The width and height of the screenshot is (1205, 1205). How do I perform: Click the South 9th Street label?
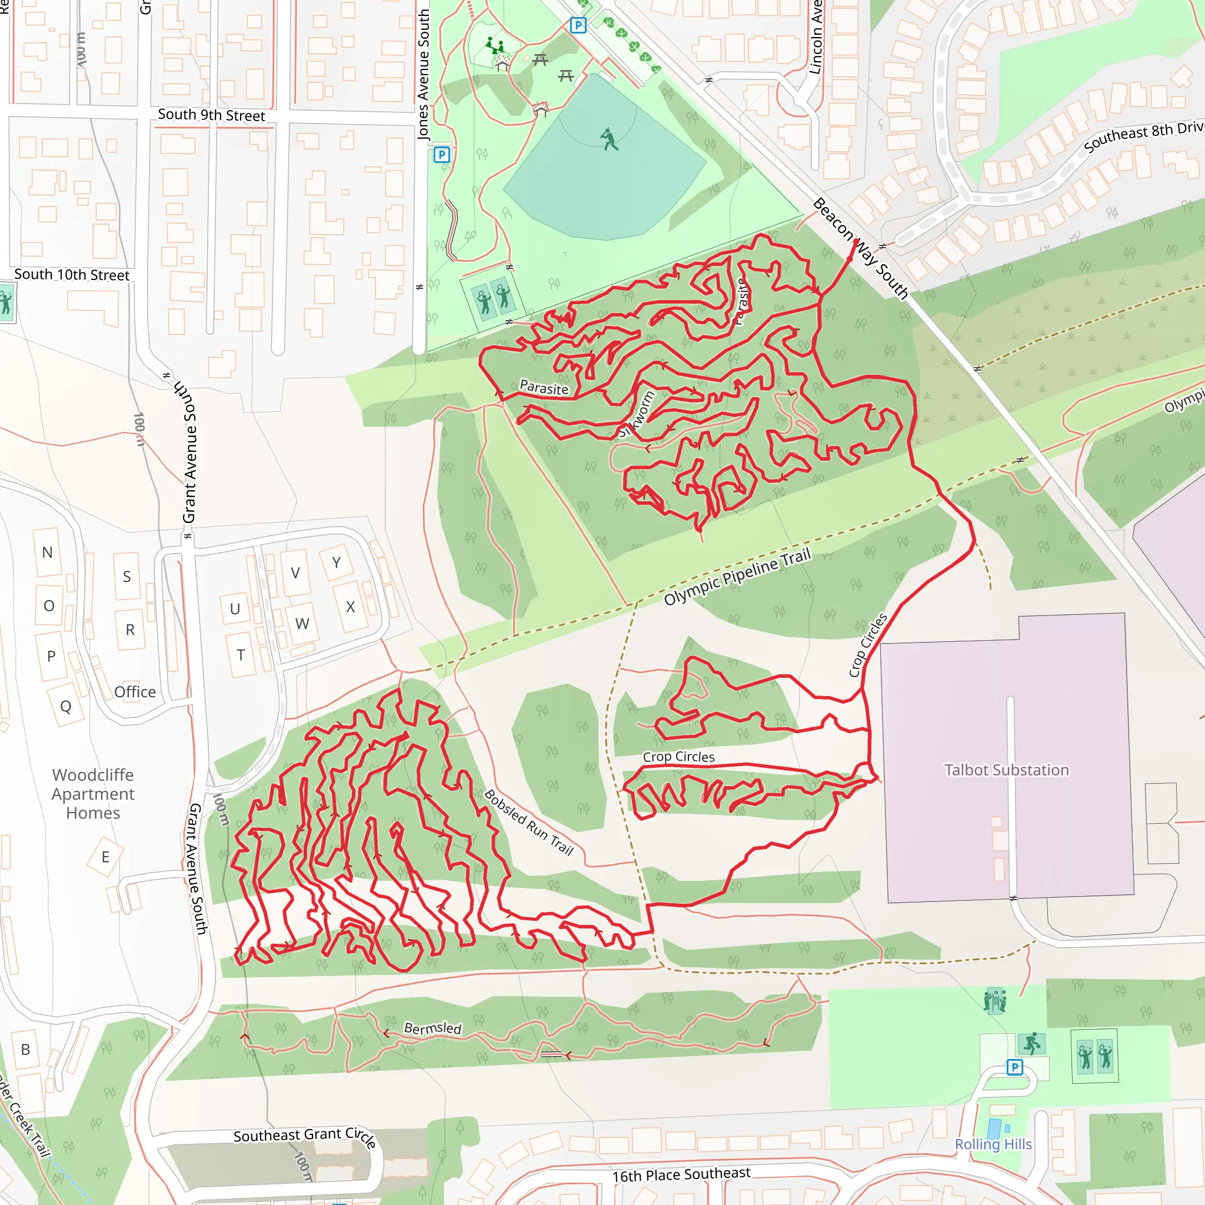tap(211, 115)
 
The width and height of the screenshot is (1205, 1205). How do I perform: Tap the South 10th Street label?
tap(72, 275)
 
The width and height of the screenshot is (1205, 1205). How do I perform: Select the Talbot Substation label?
tap(1006, 770)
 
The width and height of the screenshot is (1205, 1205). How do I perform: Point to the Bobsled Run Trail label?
tap(528, 822)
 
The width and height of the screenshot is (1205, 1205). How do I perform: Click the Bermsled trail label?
tap(432, 1028)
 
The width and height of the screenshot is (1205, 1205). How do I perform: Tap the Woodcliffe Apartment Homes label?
tap(93, 794)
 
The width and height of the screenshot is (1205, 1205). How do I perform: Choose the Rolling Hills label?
tap(993, 1144)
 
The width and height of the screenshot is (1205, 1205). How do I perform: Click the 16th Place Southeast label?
tap(681, 1175)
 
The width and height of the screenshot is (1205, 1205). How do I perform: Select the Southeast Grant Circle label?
tap(304, 1136)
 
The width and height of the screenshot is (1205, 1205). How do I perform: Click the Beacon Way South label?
tap(861, 248)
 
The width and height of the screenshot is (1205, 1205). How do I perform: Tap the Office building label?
tap(135, 692)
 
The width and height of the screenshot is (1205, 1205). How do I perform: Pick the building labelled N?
tap(48, 552)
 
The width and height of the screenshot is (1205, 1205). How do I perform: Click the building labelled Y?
tap(336, 562)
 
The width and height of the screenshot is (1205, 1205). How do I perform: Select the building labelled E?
tap(105, 857)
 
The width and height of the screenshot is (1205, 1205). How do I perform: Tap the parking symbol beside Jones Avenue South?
tap(442, 155)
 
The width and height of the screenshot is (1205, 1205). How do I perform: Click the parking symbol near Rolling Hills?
tap(1015, 1068)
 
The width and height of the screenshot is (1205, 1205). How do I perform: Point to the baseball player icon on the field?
tap(610, 139)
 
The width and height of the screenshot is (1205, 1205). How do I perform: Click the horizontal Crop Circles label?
tap(678, 757)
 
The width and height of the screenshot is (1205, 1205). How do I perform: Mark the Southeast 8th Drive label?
tap(1143, 136)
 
